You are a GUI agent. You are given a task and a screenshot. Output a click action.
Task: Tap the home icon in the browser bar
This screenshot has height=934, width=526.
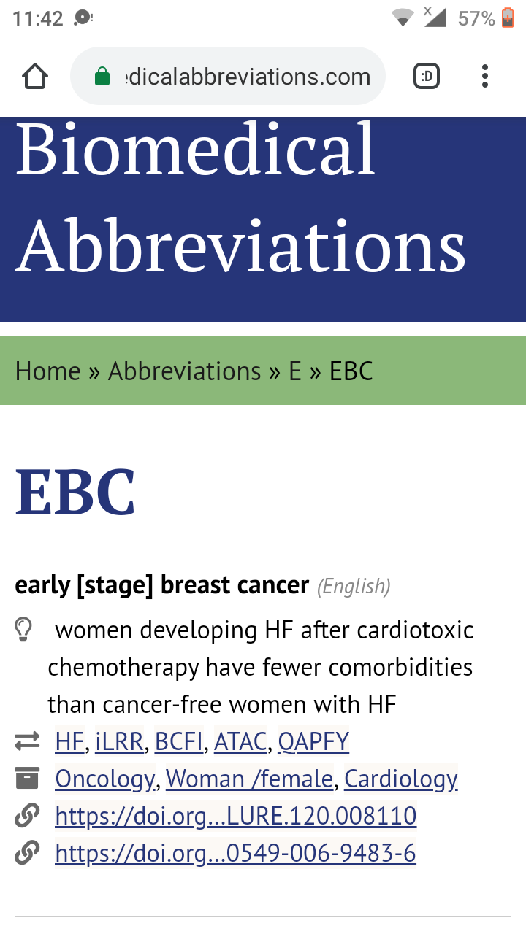point(34,76)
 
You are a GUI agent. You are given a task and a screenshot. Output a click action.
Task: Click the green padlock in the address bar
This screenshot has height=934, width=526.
point(102,77)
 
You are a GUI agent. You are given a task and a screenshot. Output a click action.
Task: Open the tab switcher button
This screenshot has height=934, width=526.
point(426,76)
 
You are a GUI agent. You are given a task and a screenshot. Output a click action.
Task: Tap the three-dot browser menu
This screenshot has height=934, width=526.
point(484,76)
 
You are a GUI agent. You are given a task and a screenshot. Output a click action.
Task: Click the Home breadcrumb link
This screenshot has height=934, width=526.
point(47,371)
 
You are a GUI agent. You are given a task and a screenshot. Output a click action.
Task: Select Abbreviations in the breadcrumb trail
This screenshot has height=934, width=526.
point(185,371)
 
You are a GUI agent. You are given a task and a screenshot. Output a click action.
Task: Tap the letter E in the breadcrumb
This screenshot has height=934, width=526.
point(294,371)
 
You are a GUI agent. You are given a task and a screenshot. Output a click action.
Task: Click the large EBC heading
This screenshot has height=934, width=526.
point(75,492)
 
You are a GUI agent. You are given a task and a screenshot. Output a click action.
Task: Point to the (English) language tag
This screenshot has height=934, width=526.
point(354,586)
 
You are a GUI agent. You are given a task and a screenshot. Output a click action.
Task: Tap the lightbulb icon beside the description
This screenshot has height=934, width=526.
point(23,629)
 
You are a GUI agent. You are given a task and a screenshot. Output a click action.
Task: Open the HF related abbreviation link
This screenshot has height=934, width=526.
point(69,741)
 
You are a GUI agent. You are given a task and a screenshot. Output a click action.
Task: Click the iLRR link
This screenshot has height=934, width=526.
point(119,741)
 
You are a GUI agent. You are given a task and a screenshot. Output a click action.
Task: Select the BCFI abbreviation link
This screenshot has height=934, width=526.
point(179,741)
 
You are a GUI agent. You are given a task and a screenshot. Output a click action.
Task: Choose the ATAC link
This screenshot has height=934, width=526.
point(240,741)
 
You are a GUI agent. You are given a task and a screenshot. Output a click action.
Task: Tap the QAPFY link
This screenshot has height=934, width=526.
point(313,741)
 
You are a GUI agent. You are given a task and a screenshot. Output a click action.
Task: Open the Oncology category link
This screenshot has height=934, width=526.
point(105,779)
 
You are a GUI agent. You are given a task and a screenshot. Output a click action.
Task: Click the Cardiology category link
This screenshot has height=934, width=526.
point(401,779)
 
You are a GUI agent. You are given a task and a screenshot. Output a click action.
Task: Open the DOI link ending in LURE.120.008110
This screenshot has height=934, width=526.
point(236,816)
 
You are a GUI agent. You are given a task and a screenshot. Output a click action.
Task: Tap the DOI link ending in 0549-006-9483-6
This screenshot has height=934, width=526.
point(235,853)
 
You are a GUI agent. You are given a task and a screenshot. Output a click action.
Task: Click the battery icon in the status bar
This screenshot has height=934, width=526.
point(507,18)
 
